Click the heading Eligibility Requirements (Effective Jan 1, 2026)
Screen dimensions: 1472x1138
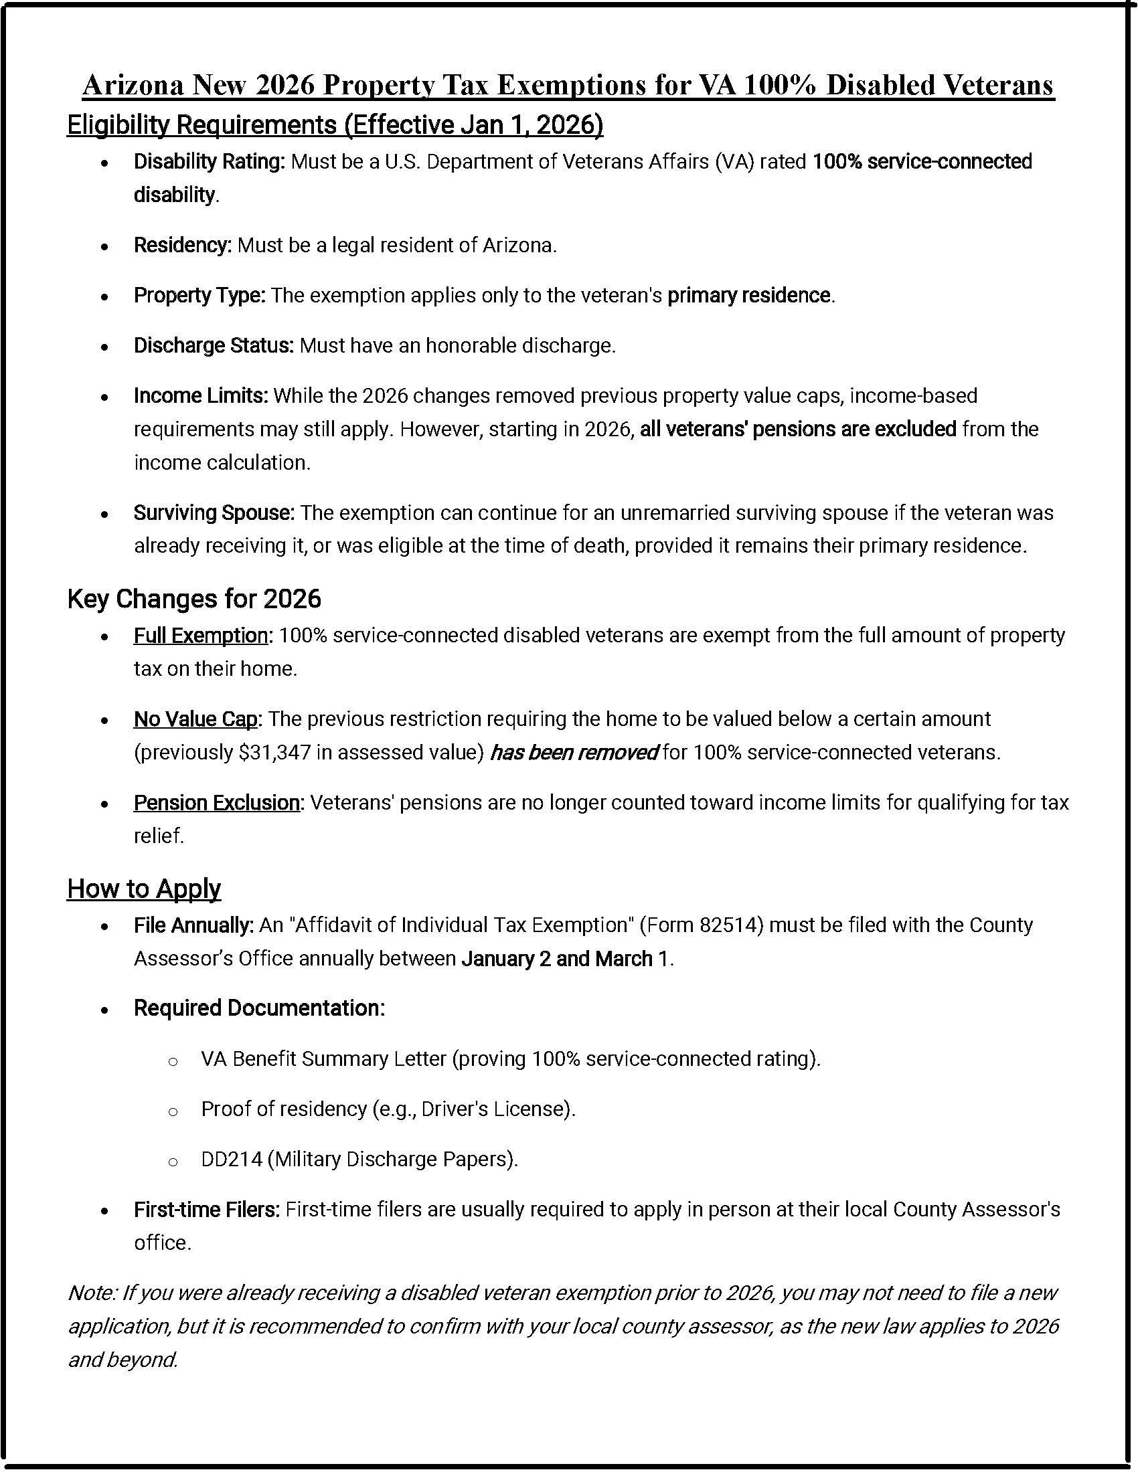click(335, 125)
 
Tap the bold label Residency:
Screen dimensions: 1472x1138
click(183, 246)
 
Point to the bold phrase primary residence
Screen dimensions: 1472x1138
click(748, 295)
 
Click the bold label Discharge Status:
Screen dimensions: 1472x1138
click(214, 346)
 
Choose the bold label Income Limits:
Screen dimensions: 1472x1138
click(201, 395)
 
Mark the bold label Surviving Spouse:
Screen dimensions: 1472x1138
click(214, 513)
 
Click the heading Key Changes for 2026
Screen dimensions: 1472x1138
click(194, 599)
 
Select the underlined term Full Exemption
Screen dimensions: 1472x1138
click(200, 636)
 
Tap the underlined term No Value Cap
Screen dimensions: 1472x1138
click(195, 719)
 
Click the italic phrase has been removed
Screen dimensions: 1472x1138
click(574, 752)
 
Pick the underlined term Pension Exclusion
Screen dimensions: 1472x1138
click(216, 803)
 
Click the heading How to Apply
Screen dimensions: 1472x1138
click(144, 889)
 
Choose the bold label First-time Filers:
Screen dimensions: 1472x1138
click(206, 1210)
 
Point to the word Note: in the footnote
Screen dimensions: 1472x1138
click(93, 1293)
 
